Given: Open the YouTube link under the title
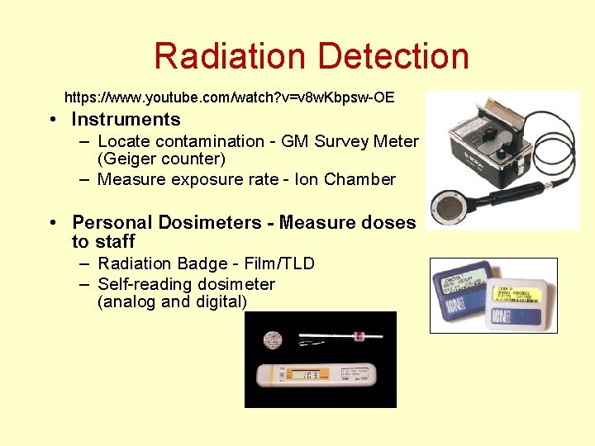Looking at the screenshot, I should point(229,97).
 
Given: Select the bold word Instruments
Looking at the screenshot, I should point(126,120).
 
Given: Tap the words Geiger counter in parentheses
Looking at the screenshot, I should point(161,159).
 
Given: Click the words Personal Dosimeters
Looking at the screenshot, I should point(170,222).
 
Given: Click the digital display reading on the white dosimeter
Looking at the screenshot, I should point(310,377).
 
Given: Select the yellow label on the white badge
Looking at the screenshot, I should point(516,292).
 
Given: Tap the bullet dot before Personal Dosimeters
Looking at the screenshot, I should point(53,223).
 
